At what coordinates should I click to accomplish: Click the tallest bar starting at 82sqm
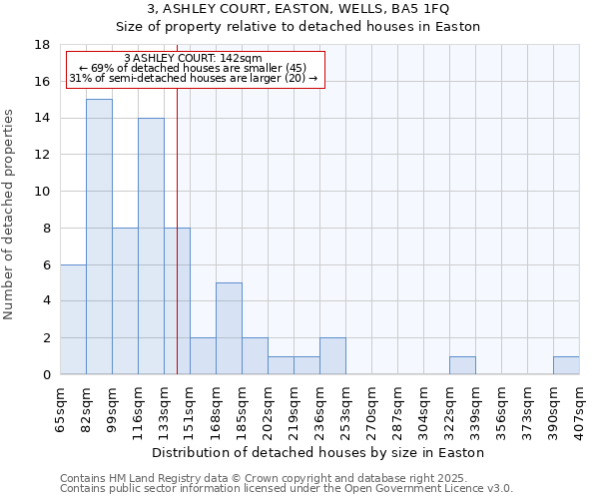click(99, 237)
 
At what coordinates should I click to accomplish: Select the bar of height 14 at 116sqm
click(151, 246)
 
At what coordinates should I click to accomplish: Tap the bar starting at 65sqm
click(73, 319)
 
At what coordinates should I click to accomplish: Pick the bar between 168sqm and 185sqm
click(229, 328)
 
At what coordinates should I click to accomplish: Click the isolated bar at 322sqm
click(462, 365)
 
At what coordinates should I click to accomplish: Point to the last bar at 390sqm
click(566, 365)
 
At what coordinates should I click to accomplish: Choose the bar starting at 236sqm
click(332, 356)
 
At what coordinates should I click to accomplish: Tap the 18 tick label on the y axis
click(42, 45)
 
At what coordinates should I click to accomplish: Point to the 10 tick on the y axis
click(42, 192)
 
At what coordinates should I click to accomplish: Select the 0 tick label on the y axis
click(46, 375)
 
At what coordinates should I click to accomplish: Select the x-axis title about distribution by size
click(319, 452)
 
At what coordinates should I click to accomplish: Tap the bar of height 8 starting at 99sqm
click(125, 300)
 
